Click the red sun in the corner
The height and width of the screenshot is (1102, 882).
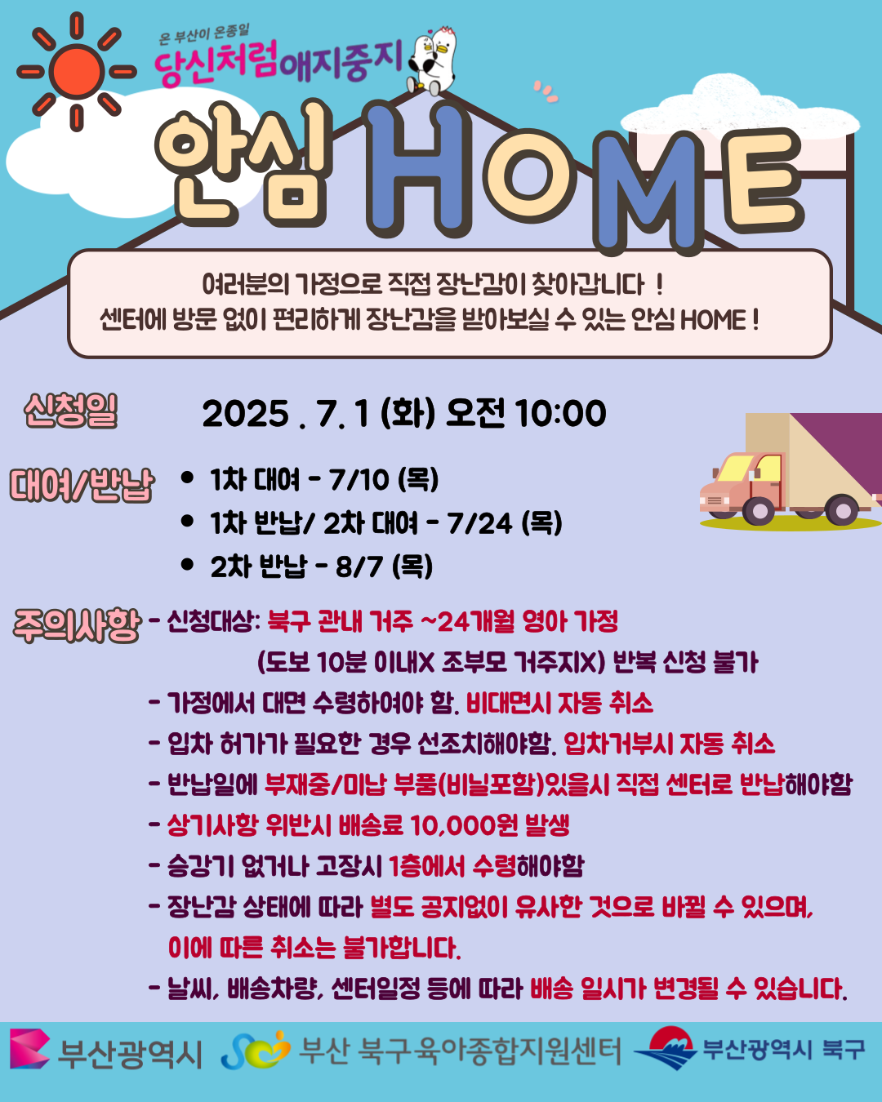coord(77,72)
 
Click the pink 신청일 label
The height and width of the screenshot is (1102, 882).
coord(71,411)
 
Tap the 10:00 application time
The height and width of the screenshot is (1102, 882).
coord(561,413)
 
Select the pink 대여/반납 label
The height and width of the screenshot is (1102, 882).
coord(82,484)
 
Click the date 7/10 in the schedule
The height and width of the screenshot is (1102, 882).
coord(359,480)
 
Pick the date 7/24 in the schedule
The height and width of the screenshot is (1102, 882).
coord(479,523)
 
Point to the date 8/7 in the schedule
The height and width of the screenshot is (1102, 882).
coord(359,567)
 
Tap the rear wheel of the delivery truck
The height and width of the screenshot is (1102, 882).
coord(841,509)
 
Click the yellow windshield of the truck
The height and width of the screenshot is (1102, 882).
coord(735,468)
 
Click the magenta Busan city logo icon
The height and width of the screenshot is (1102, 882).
coord(30,1049)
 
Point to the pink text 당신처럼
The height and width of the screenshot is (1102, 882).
coord(217,63)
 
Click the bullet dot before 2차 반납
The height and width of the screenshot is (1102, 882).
coord(187,565)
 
